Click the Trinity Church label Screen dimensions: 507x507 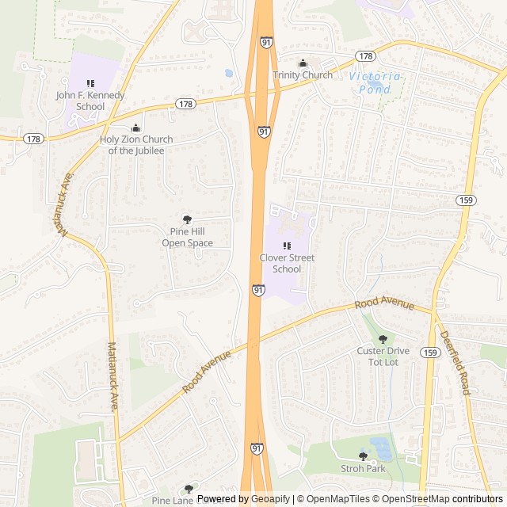(x=303, y=75)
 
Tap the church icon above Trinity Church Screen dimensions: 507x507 (x=303, y=63)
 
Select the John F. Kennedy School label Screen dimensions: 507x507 (x=90, y=101)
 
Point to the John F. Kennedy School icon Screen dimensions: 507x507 (x=90, y=83)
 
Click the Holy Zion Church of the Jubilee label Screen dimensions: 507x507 (x=136, y=145)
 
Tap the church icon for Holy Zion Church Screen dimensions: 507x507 (x=136, y=128)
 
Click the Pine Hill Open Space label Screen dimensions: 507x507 (x=188, y=237)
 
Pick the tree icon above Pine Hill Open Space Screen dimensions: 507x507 (x=188, y=219)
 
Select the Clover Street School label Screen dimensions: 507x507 (x=287, y=263)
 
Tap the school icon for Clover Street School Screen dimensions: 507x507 (x=287, y=246)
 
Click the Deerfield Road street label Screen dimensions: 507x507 (x=455, y=363)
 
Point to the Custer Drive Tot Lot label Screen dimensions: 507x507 (x=383, y=356)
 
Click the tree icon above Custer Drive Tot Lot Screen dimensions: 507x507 (x=383, y=339)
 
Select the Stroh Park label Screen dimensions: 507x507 (x=364, y=469)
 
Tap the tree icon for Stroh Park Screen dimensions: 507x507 (x=364, y=456)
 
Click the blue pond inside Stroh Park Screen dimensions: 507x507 (x=381, y=448)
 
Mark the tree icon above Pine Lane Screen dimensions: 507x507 (x=189, y=490)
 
